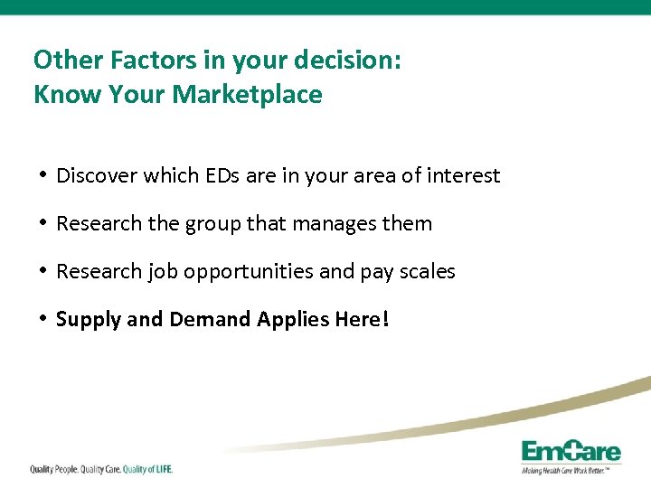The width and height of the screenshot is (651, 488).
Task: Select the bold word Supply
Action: pyautogui.click(x=86, y=319)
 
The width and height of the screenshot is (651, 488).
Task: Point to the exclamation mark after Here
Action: pyautogui.click(x=385, y=318)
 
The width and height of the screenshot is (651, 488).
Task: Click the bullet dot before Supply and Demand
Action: pyautogui.click(x=43, y=318)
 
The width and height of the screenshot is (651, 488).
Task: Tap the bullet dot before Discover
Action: pyautogui.click(x=43, y=174)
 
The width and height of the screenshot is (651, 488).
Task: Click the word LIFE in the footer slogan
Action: pyautogui.click(x=160, y=469)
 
